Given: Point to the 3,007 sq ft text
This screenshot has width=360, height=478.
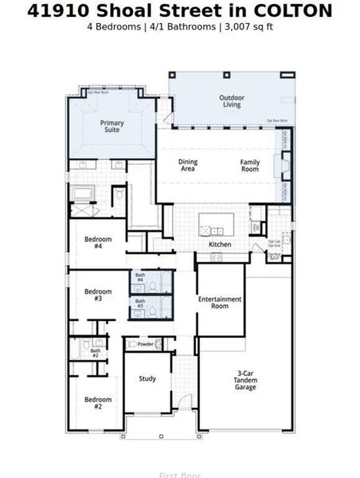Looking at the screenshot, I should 249,26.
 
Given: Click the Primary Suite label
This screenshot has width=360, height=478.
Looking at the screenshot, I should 112,127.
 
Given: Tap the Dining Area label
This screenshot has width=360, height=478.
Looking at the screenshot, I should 188,165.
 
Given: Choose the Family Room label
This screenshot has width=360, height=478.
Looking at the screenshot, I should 250,165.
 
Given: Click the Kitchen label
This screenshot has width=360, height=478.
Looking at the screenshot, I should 220,245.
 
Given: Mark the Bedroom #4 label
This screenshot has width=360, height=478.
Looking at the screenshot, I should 98,243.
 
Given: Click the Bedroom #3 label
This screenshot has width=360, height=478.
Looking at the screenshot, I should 98,295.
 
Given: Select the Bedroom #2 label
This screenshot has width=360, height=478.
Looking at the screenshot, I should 98,402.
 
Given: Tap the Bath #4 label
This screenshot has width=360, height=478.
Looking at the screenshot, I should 139,278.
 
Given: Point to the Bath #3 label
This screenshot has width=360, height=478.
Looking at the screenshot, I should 139,304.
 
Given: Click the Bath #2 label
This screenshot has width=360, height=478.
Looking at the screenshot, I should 96,353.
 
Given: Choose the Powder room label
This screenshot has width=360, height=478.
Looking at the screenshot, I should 145,344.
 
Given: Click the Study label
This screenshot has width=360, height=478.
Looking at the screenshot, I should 147,379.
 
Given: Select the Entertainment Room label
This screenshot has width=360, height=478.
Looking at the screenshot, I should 220,302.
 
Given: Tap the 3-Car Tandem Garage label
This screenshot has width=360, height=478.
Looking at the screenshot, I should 245,381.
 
